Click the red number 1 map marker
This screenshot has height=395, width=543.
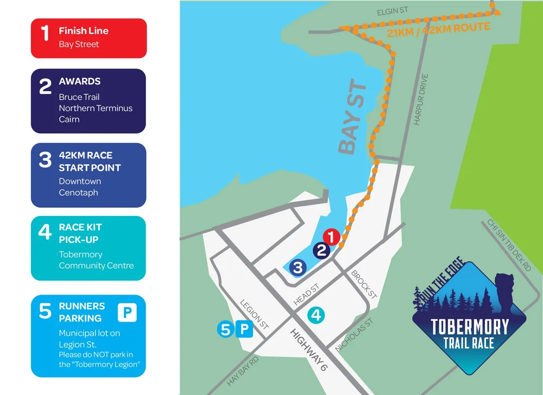pos(331,237)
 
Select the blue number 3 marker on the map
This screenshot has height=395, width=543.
pos(298,266)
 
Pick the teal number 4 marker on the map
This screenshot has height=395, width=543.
pos(316,314)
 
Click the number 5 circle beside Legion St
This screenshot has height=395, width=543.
pos(226,329)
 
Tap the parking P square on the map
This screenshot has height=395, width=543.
pos(244,329)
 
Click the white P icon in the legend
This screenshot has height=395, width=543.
pos(128,313)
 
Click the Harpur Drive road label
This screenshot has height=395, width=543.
pos(421,100)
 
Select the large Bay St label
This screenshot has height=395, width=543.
pos(352,118)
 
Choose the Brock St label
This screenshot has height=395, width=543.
pos(364,284)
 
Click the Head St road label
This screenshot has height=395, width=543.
pos(306,293)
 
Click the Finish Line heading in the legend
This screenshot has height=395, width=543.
pos(84,31)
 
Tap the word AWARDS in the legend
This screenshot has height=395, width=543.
pos(80,81)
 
